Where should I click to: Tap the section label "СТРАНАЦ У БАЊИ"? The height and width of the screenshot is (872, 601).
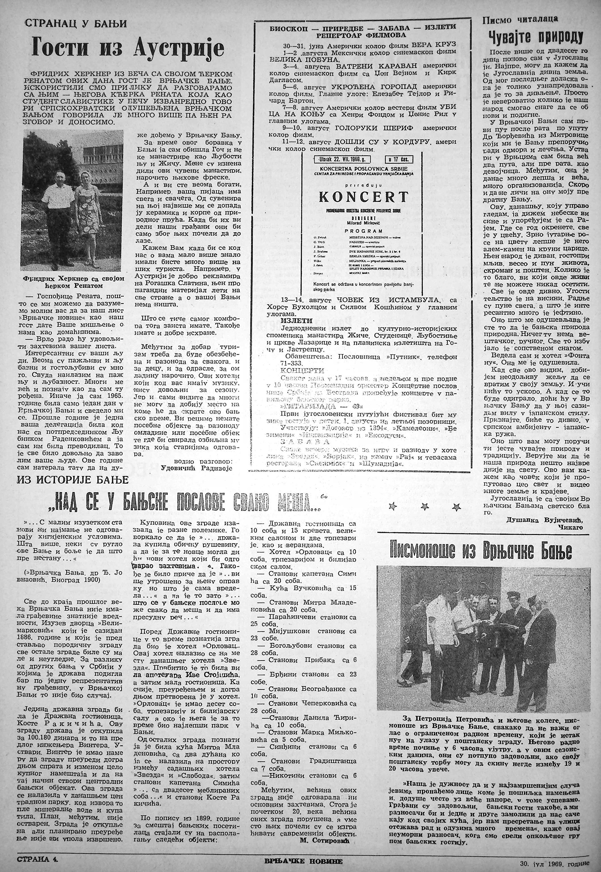tap(76, 24)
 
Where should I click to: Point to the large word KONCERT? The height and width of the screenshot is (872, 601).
tap(364, 197)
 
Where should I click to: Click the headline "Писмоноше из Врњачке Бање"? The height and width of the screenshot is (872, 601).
tap(480, 551)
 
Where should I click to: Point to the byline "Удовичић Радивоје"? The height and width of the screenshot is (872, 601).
tap(202, 468)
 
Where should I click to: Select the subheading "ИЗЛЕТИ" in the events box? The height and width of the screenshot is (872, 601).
tap(296, 321)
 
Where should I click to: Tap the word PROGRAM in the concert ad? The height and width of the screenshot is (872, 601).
tap(363, 231)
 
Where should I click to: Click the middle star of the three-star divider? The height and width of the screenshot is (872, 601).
tap(423, 506)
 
